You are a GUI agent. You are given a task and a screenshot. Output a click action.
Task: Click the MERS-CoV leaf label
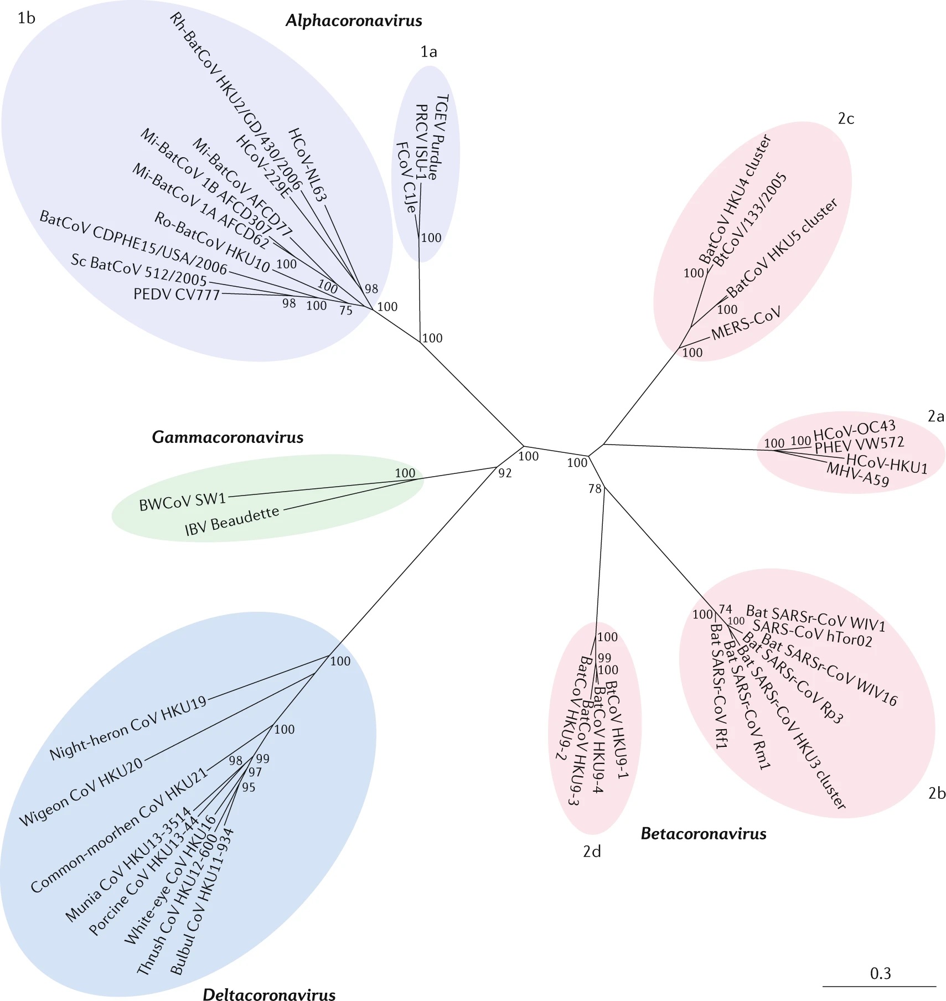pos(746,323)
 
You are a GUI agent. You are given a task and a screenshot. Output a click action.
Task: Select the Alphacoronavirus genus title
pos(354,21)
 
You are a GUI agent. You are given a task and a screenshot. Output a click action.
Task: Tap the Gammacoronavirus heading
pos(228,437)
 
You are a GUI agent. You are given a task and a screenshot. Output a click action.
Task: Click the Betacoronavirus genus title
pos(704,833)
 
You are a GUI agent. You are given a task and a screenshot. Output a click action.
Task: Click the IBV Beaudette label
pos(232,521)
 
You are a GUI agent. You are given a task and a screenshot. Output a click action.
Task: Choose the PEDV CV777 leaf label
pos(177,294)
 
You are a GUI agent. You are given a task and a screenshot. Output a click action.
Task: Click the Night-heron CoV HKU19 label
pos(128,727)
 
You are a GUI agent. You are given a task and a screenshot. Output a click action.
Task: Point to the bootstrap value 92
pos(505,473)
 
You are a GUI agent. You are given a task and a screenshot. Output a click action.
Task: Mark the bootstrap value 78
pos(595,489)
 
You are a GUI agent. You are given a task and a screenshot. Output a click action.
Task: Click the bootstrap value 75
pos(346,311)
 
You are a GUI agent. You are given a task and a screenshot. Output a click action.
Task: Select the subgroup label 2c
pos(846,118)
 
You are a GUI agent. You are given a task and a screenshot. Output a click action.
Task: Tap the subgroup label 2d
pos(592,851)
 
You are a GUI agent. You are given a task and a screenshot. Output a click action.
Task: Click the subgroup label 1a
pos(428,51)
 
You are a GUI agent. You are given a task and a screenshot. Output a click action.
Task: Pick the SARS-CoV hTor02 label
pos(812,633)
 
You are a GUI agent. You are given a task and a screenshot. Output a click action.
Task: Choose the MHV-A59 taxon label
pos(858,474)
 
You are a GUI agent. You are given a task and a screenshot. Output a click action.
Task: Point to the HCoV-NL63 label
pos(308,165)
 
